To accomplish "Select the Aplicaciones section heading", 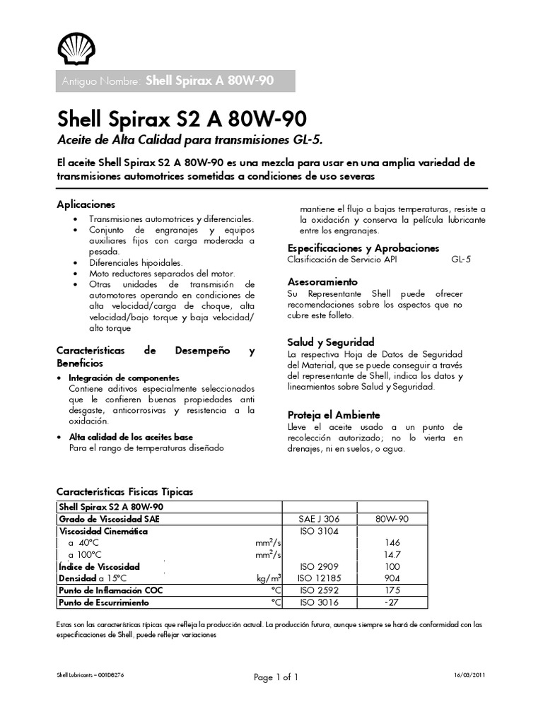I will tap(86, 204).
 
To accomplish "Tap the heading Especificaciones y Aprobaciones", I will tap(363, 248).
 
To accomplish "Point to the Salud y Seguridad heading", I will tap(331, 341).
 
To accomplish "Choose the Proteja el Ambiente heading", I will tap(334, 415).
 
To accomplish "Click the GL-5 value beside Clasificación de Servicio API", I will tap(460, 259).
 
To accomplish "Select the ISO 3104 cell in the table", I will tap(320, 530).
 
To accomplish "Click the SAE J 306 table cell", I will tap(320, 519).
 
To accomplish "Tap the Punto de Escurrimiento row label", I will tap(104, 602).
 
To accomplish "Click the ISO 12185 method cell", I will tap(320, 578).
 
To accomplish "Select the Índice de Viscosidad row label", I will tap(100, 566).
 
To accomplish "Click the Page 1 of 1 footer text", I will tap(276, 677).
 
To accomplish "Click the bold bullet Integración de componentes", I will tap(124, 378).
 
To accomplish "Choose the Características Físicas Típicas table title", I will tap(124, 491).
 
